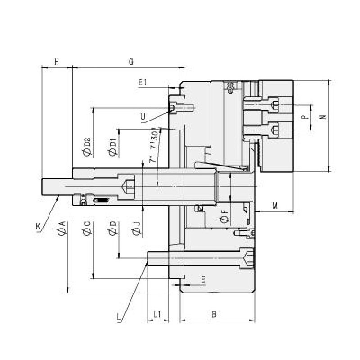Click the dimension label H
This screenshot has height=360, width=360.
[x=57, y=62]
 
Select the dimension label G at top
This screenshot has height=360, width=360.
[x=131, y=62]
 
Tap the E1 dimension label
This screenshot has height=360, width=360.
[x=143, y=82]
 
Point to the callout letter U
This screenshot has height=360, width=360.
[x=143, y=118]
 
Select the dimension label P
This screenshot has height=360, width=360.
[x=304, y=117]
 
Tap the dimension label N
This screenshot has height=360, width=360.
[x=322, y=117]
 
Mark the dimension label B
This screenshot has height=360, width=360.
[x=215, y=314]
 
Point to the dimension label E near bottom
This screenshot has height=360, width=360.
[x=203, y=279]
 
